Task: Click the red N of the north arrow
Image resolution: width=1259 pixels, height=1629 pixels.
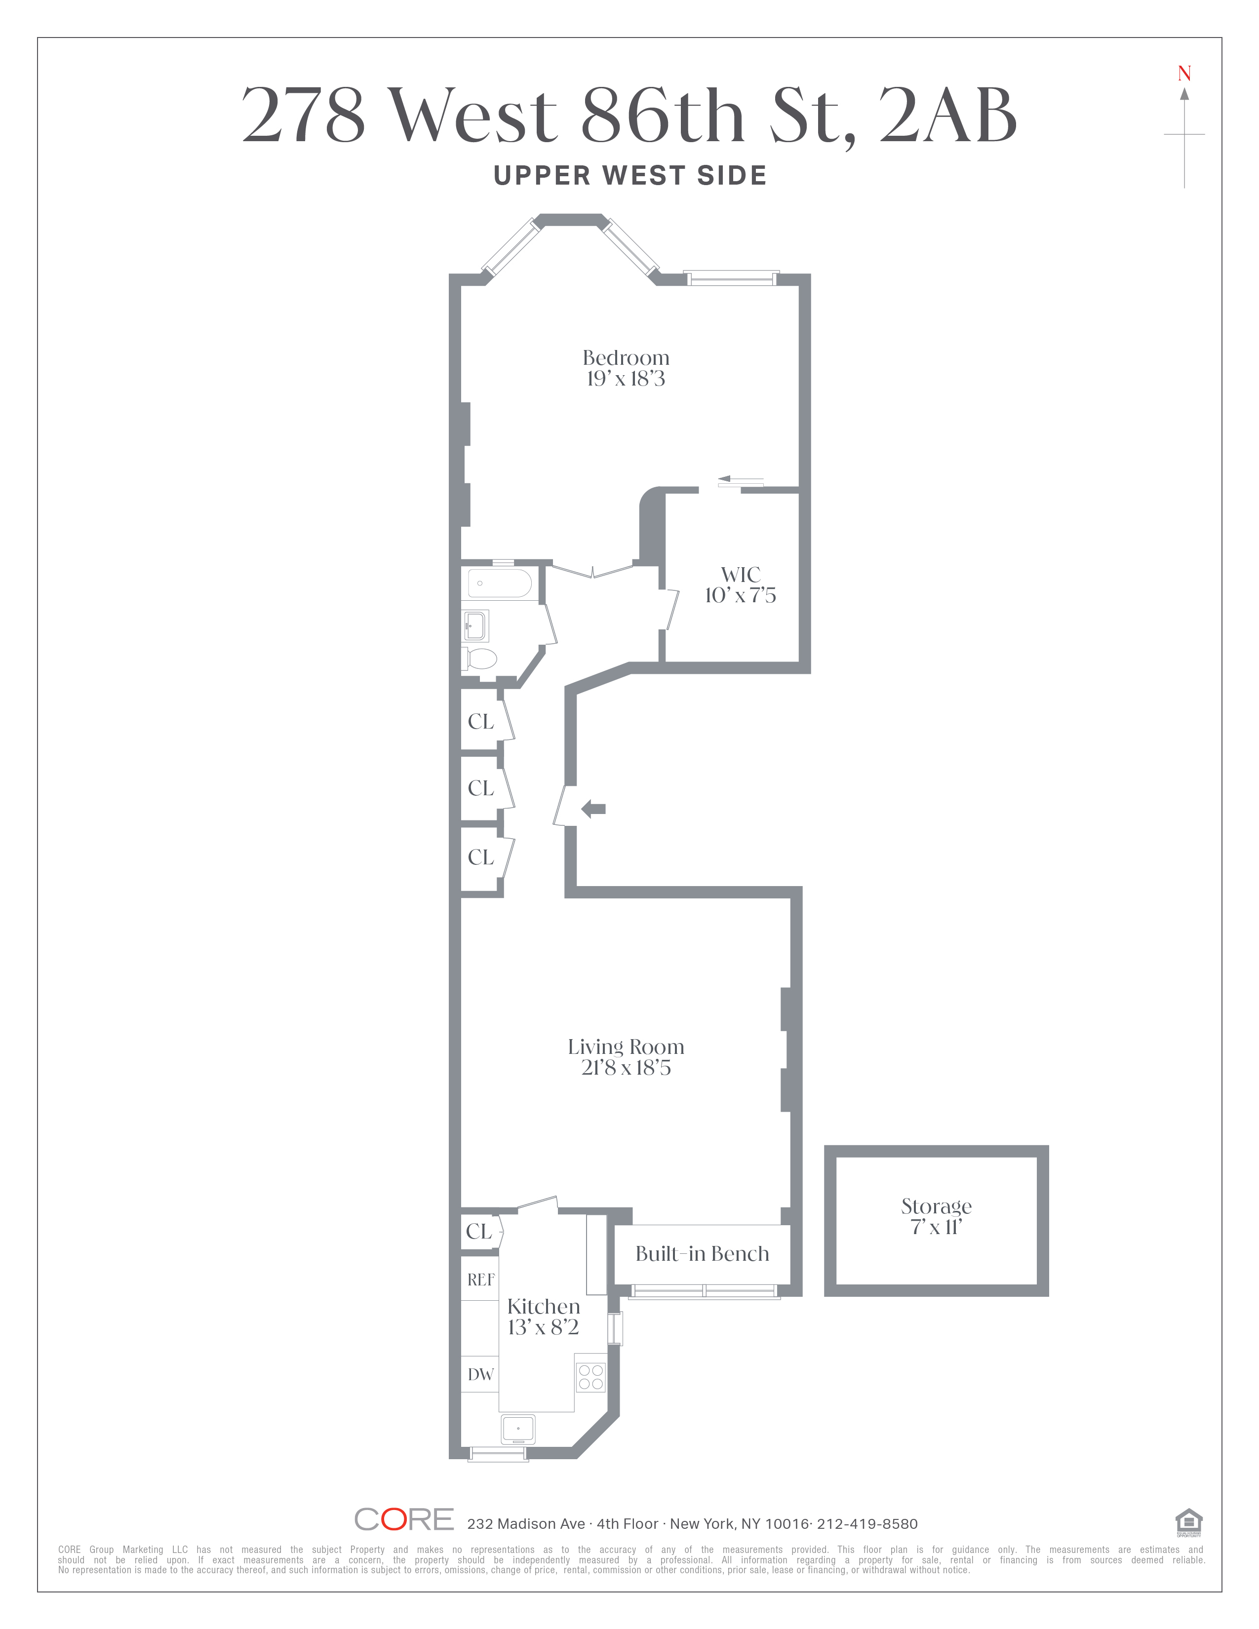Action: coord(1184,74)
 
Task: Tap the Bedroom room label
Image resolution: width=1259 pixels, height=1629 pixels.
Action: coord(626,357)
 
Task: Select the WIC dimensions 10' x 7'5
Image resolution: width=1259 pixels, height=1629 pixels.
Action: coord(740,595)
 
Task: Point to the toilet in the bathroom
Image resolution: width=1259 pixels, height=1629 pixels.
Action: coord(479,659)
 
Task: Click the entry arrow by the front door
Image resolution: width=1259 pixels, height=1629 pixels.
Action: coord(593,809)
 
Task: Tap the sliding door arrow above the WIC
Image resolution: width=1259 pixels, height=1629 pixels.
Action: coord(742,480)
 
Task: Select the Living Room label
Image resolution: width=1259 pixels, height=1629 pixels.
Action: coord(626,1047)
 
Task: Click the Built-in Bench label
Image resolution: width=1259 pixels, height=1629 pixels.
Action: coord(702,1254)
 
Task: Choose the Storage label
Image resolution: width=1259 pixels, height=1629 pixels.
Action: coord(936,1206)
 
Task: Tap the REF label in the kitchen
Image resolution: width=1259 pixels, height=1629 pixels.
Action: coord(480,1280)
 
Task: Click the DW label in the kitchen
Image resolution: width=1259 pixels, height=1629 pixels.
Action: coord(480,1375)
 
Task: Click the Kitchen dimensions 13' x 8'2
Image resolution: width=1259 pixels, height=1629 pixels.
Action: coord(543,1328)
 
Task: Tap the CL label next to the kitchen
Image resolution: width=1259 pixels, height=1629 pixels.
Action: coord(479,1232)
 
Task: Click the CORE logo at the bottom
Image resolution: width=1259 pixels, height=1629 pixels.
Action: coord(403,1519)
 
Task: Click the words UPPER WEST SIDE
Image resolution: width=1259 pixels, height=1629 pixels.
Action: coord(630,176)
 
